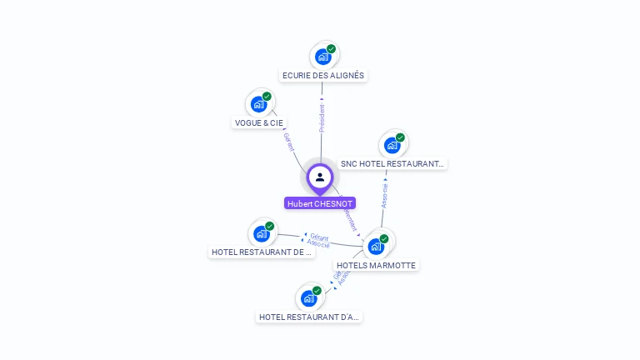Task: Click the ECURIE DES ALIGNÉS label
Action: [x=322, y=75]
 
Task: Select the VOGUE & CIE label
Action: [x=258, y=122]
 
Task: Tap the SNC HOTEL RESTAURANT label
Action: [x=392, y=164]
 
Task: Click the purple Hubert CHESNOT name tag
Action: [x=320, y=203]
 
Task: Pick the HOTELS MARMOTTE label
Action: [x=376, y=265]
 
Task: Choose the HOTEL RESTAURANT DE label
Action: [x=262, y=252]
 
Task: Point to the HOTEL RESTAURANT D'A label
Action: [x=309, y=317]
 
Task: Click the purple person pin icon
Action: [x=320, y=177]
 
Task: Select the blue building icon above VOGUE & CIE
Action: [x=259, y=104]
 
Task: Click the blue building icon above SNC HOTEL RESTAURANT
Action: [x=392, y=145]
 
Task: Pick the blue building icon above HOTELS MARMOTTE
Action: [x=376, y=246]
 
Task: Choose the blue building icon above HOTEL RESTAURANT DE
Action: [x=262, y=233]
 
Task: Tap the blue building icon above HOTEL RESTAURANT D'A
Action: [x=309, y=297]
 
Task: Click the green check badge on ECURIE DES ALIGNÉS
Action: [x=331, y=49]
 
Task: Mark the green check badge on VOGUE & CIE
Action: [x=267, y=97]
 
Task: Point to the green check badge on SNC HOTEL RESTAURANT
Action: [x=400, y=137]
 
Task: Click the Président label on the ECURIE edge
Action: [x=322, y=117]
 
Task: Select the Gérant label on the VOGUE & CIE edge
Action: [x=289, y=142]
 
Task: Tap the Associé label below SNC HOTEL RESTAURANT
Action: [x=384, y=195]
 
